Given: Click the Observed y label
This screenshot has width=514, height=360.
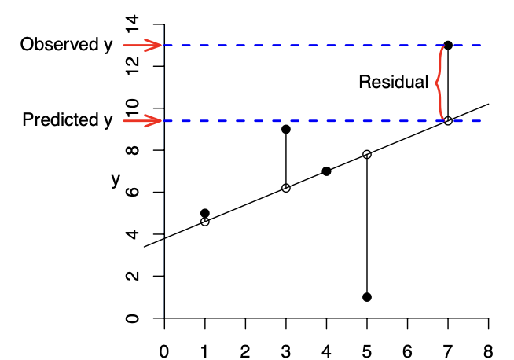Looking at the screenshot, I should pos(66,45).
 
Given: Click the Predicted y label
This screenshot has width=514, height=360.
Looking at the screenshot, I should pos(68,120).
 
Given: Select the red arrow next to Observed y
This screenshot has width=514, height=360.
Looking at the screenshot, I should pos(142,45).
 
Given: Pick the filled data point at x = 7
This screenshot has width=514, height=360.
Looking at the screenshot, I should pos(448,45).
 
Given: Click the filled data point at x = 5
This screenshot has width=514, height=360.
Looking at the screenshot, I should pos(367,297).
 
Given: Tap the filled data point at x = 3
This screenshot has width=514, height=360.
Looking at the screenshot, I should pos(286,129).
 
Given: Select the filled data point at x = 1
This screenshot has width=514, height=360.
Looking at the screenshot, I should pos(205,213).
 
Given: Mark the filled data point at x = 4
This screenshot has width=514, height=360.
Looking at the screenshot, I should pos(326,171).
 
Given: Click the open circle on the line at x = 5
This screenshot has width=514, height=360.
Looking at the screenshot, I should pos(367,154).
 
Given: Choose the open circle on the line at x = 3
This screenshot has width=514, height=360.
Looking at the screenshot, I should pos(286,188).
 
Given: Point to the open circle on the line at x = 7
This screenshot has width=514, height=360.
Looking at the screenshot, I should pos(448,120).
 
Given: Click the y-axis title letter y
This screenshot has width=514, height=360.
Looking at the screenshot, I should pos(116,180).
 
